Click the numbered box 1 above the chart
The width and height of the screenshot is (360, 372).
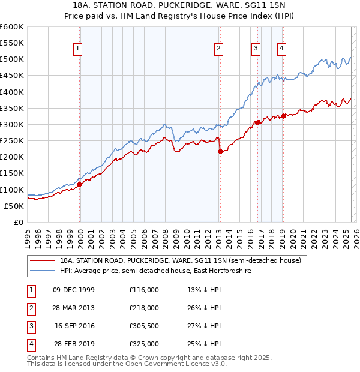(79, 49)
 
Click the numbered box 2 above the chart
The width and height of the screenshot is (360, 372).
(219, 49)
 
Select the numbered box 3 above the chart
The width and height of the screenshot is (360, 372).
(256, 49)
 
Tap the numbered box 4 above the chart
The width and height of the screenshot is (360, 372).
(281, 49)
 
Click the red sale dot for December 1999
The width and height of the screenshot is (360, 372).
(80, 184)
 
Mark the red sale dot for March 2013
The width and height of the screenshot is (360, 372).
(220, 151)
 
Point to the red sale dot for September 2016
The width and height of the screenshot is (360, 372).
(257, 122)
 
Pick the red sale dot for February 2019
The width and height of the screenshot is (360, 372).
(283, 116)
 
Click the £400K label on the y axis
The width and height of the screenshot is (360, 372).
(12, 92)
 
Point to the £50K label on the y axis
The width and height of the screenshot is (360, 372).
(14, 206)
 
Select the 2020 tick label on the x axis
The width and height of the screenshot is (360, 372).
(293, 236)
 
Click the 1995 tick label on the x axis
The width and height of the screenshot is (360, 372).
(28, 236)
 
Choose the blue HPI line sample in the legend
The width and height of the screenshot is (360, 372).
(42, 271)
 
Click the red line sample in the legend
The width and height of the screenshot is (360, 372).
(42, 260)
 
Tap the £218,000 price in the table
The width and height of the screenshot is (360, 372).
(144, 308)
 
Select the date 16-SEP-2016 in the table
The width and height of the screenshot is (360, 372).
(74, 326)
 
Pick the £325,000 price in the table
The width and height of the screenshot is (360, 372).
(144, 344)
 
